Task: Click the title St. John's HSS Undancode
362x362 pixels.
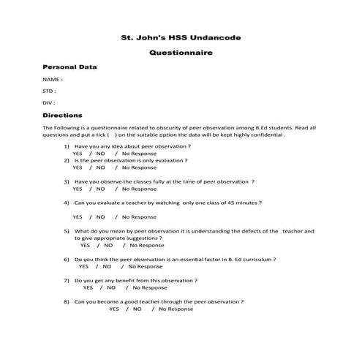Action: click(x=180, y=37)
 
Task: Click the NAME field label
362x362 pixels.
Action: click(x=52, y=79)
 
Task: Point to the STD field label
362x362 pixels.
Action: click(x=49, y=91)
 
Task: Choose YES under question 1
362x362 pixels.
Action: click(x=77, y=154)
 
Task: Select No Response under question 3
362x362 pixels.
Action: click(x=139, y=189)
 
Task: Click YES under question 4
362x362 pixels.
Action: click(x=77, y=216)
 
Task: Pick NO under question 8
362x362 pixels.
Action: click(x=137, y=309)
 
